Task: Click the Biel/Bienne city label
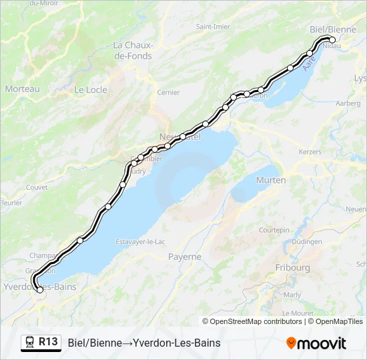[333, 29]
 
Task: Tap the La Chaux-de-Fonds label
[133, 51]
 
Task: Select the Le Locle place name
[90, 89]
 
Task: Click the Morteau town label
[22, 89]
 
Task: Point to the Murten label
[270, 180]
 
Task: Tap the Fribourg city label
[292, 267]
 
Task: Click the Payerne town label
[185, 257]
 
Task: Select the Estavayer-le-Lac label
[140, 241]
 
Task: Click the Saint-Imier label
[213, 27]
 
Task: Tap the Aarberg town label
[348, 103]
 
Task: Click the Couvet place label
[37, 187]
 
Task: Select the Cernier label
[168, 93]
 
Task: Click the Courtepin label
[274, 229]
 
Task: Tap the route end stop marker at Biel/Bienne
[332, 40]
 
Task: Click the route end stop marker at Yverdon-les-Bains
[40, 289]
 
